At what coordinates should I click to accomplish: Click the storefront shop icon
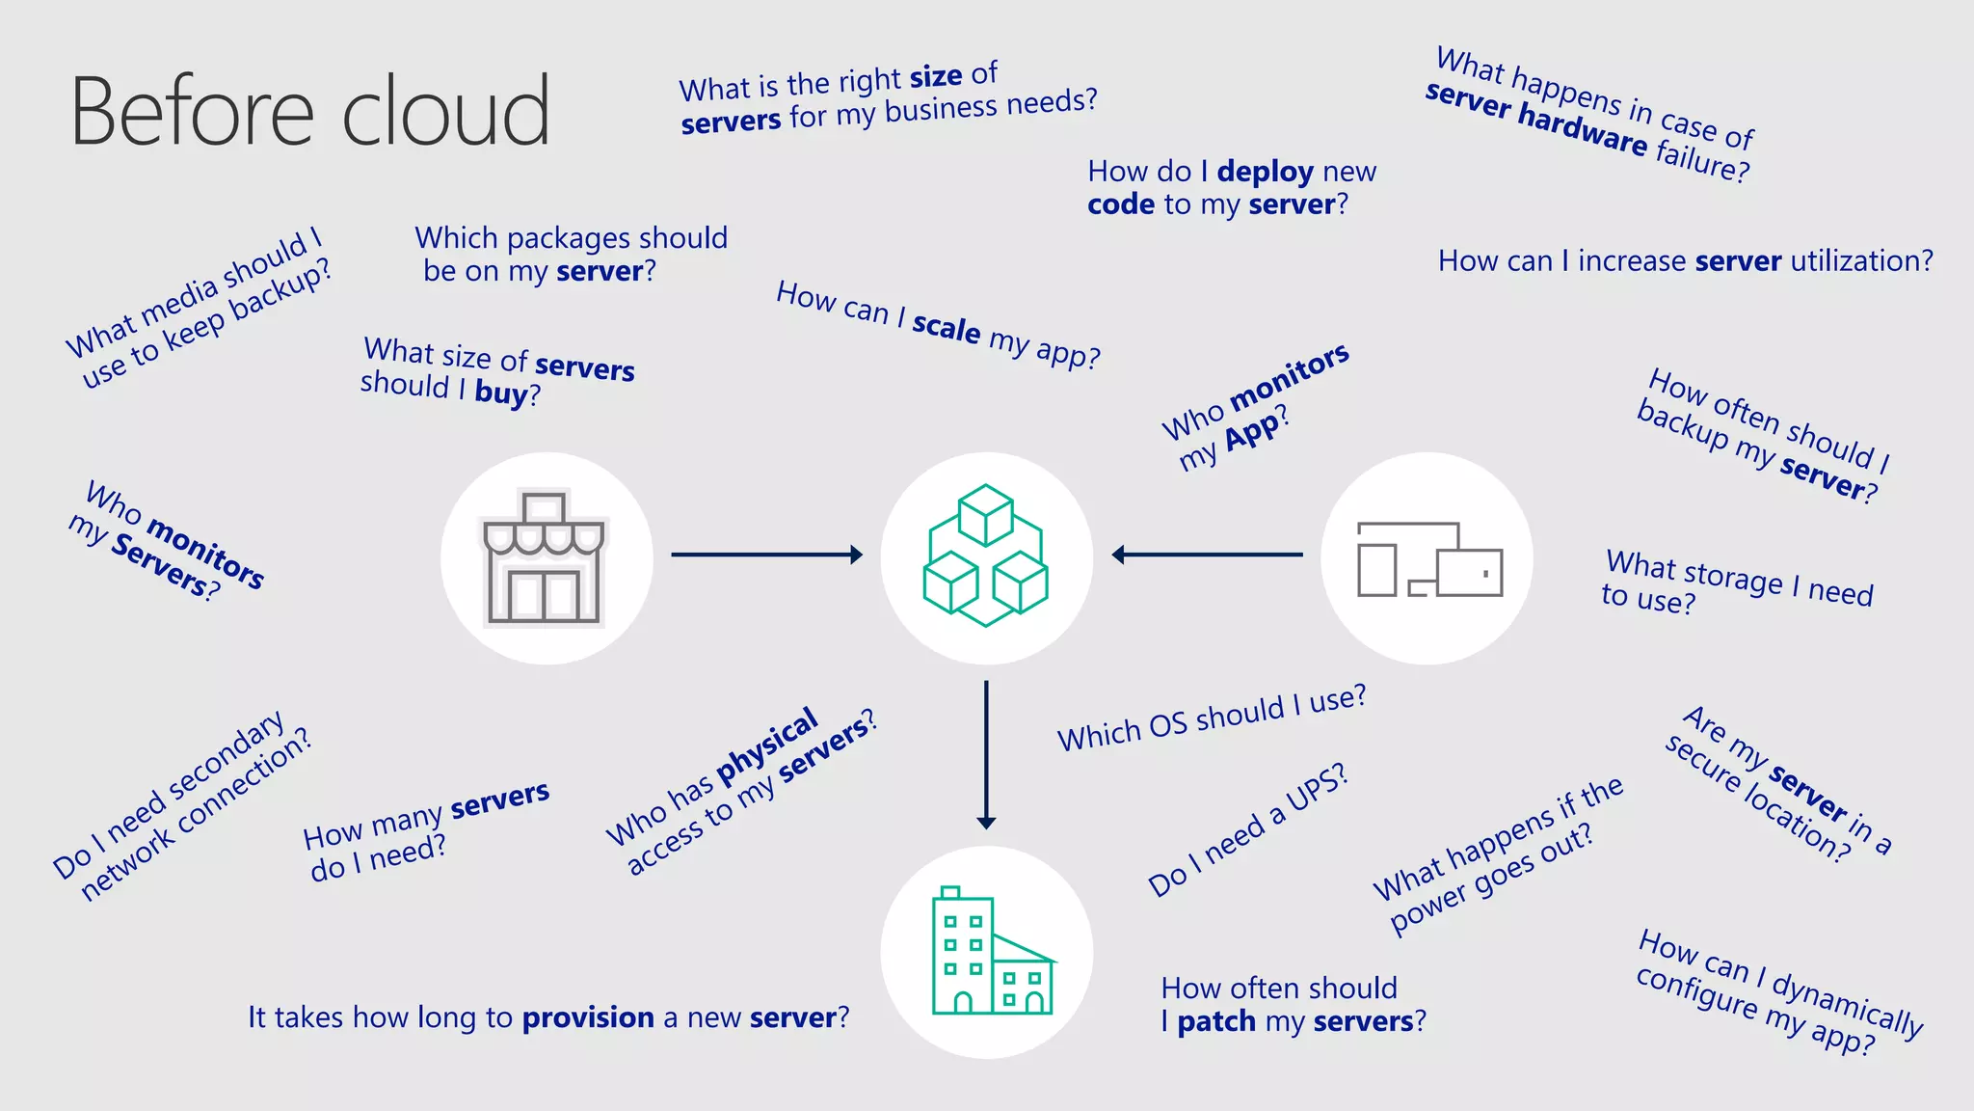coord(545,558)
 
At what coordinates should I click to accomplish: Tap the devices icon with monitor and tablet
coord(1428,559)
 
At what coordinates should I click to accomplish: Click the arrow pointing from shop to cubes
coord(766,555)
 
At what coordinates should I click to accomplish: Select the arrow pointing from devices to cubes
coord(1207,555)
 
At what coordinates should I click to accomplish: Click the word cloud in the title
coord(446,112)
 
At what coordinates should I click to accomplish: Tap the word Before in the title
coord(193,112)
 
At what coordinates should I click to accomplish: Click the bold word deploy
coord(1265,172)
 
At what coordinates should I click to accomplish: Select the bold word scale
coord(947,327)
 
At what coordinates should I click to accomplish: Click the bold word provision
coord(588,1017)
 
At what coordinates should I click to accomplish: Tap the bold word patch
coord(1216,1021)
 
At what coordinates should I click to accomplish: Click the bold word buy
coord(501,393)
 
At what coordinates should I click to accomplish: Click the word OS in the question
coord(1167,725)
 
